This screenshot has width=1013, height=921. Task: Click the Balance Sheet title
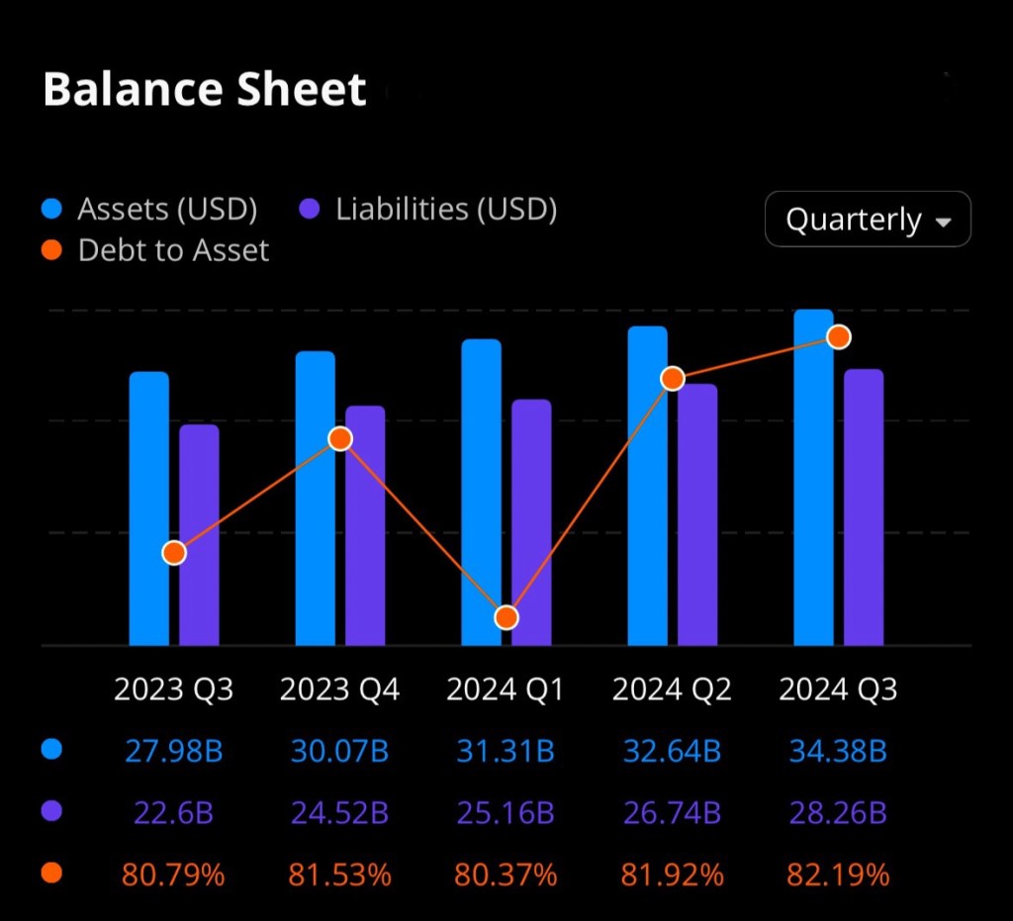[x=205, y=90]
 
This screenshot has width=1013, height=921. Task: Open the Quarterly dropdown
[x=868, y=219]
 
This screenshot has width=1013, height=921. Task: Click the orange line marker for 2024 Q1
[x=506, y=617]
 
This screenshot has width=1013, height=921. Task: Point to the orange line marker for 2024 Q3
[x=839, y=337]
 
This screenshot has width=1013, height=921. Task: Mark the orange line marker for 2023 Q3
[x=174, y=553]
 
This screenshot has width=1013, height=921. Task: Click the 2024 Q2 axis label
[x=672, y=689]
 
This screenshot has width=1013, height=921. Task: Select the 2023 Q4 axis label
[x=339, y=689]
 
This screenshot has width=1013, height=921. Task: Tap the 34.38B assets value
[x=838, y=752]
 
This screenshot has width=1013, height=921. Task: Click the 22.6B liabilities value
[x=173, y=813]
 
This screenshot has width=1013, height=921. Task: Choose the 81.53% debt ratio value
[x=339, y=875]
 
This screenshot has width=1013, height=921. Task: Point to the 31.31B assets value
[x=506, y=752]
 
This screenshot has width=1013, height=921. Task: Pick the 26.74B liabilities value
[x=672, y=813]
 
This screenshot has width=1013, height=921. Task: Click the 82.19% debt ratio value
[x=838, y=875]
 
